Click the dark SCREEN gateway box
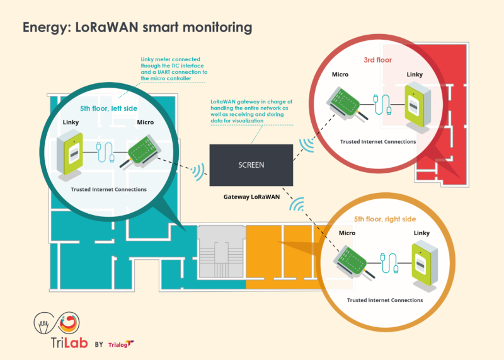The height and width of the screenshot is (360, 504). tap(251, 165)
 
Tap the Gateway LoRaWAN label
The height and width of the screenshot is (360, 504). tap(251, 197)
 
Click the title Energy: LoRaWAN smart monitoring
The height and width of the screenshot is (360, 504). tap(137, 28)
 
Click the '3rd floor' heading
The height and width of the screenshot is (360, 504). tap(377, 60)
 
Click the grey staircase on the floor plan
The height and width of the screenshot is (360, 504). tap(221, 255)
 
